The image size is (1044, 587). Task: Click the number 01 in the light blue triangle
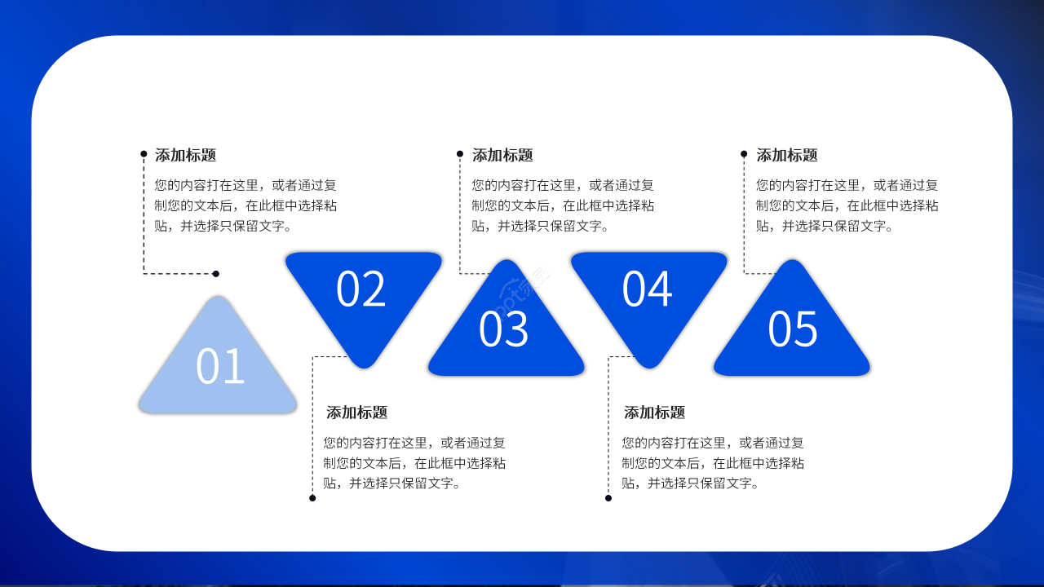click(x=220, y=366)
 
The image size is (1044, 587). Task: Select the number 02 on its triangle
click(x=361, y=289)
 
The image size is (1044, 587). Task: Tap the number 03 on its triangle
click(x=503, y=329)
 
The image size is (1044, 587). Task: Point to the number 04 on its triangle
click(x=647, y=289)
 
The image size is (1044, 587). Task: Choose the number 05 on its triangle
click(x=792, y=329)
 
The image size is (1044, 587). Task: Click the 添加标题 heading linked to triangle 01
click(x=185, y=155)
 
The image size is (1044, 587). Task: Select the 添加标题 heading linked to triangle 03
click(x=502, y=155)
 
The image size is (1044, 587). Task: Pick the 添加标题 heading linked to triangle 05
click(x=786, y=155)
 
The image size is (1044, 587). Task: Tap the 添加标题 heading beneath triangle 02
click(x=356, y=413)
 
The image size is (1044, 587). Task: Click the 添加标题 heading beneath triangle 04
click(x=654, y=413)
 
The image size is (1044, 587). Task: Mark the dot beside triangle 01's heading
click(x=144, y=153)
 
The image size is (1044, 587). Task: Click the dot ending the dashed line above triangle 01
click(x=215, y=274)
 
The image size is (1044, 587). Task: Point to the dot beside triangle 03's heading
click(x=460, y=153)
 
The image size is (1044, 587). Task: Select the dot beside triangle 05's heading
click(x=744, y=153)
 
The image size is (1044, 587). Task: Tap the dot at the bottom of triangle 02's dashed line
click(x=312, y=498)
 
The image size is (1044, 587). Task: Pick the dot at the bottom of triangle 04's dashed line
click(x=608, y=498)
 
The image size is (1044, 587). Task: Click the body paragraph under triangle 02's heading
click(x=414, y=463)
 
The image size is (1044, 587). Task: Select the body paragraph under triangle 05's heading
click(x=847, y=205)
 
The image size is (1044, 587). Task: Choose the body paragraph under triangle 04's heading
click(x=712, y=463)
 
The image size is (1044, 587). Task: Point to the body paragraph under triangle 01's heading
click(x=246, y=205)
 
